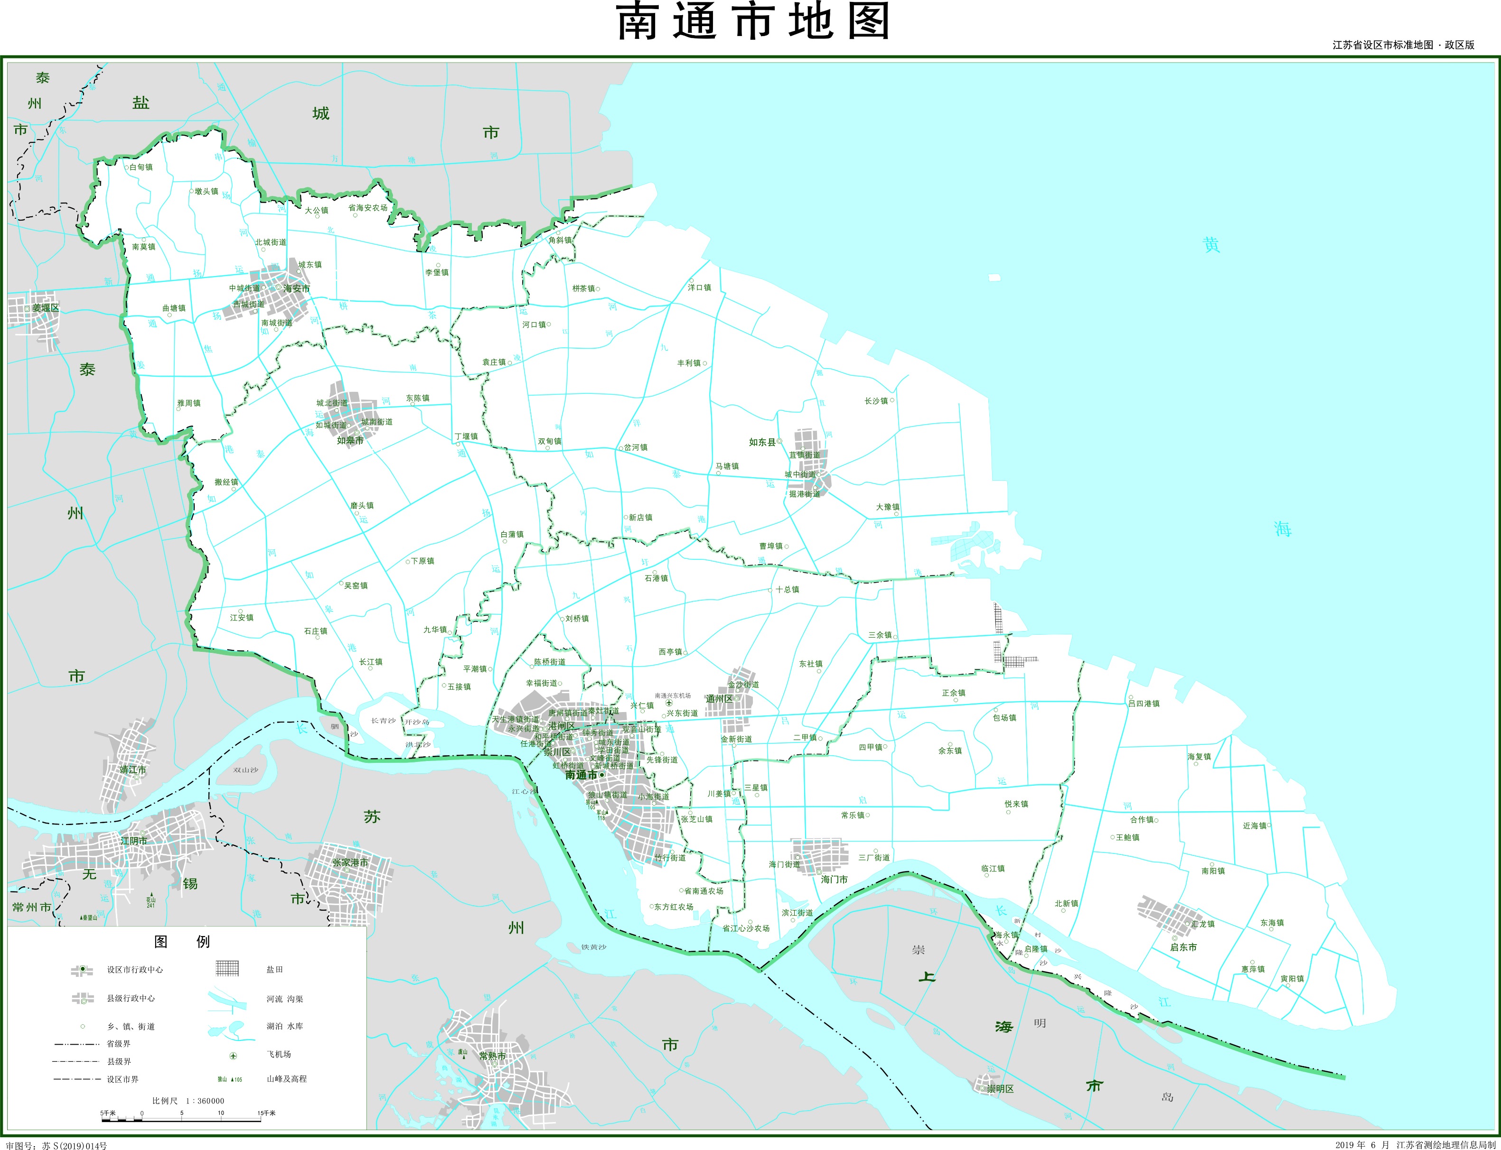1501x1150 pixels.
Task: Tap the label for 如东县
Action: [x=762, y=442]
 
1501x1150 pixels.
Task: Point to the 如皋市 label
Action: [x=350, y=440]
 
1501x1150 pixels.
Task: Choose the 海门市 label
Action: [x=834, y=880]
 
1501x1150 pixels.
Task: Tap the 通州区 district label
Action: [x=719, y=699]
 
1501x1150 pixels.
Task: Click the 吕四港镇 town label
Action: [x=1144, y=703]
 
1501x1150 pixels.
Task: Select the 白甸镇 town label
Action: [x=141, y=167]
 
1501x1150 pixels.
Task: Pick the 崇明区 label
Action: [x=1000, y=1088]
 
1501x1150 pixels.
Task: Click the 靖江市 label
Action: [x=133, y=770]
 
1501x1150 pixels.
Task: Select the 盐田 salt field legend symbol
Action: [x=227, y=968]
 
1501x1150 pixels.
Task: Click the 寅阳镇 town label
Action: [x=1292, y=979]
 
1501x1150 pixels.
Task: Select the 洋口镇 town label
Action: [x=699, y=287]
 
